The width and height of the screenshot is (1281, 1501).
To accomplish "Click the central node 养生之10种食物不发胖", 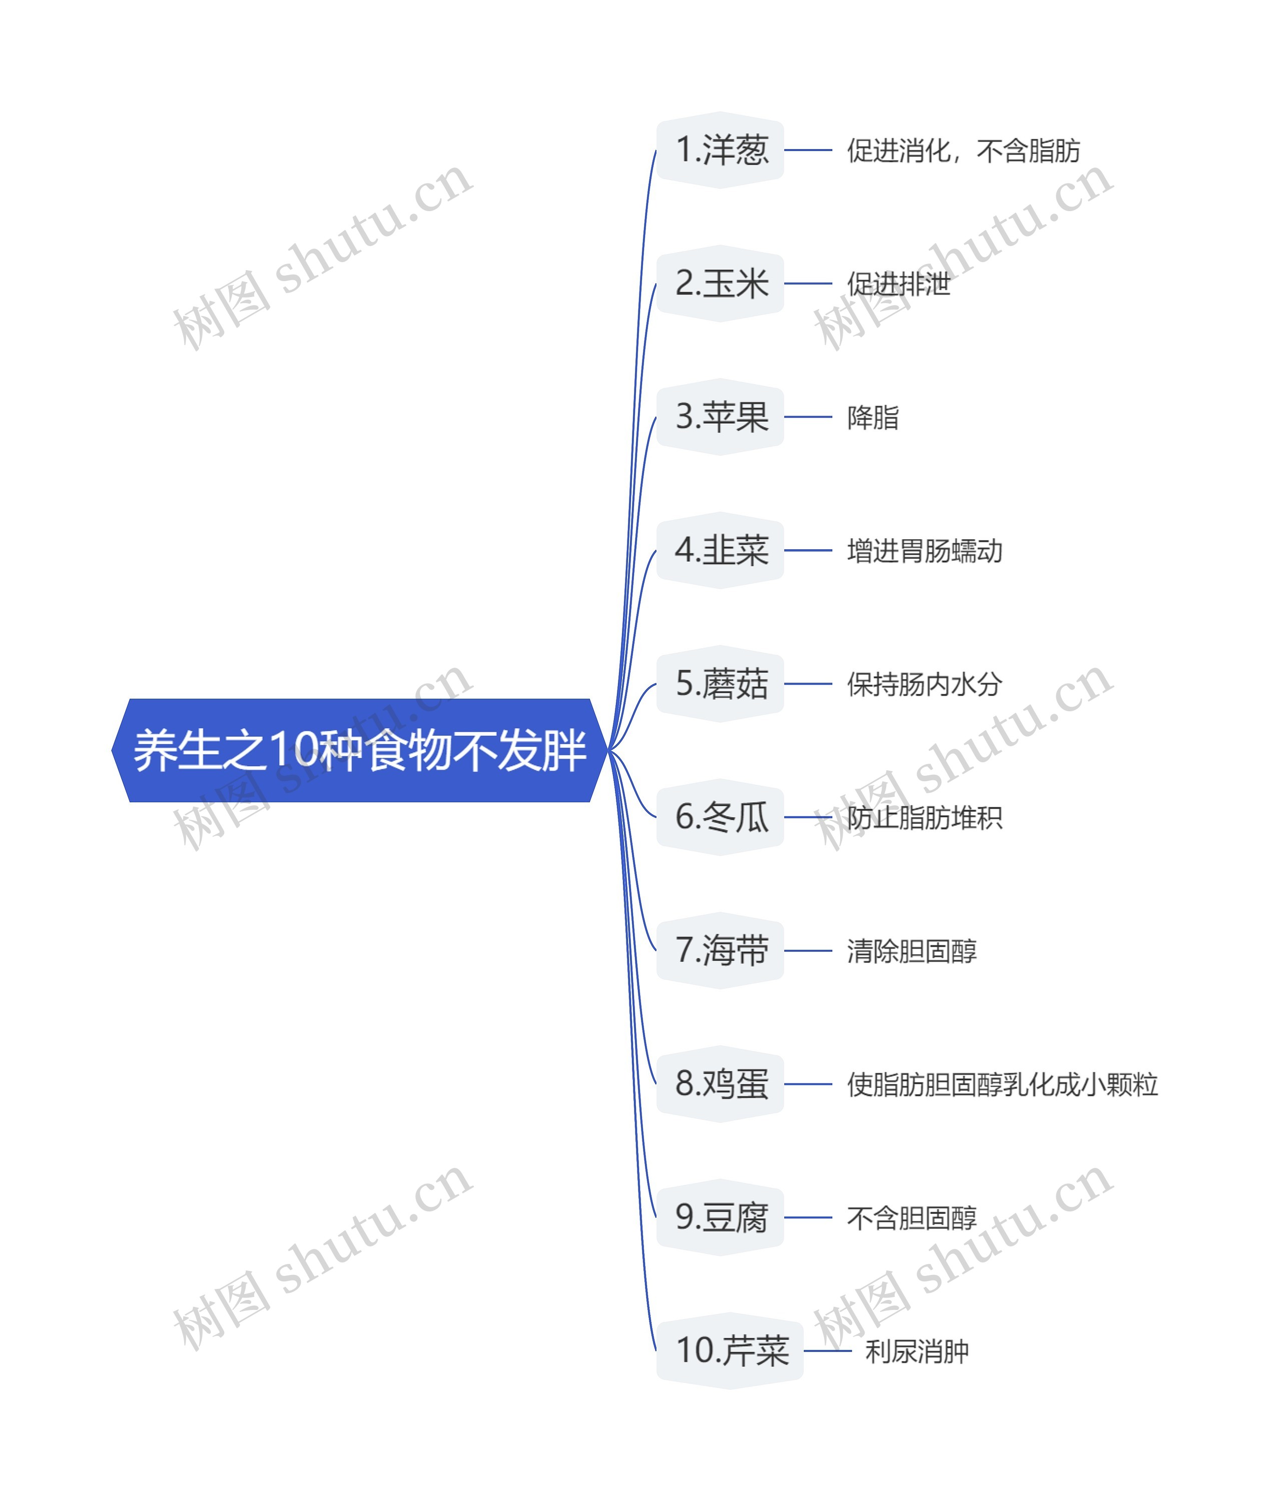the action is [x=359, y=750].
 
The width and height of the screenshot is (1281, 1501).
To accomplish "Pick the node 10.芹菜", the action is [x=731, y=1350].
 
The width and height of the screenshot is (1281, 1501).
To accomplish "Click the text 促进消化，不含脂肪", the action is [x=963, y=151].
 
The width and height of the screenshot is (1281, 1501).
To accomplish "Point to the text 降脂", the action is [x=872, y=417].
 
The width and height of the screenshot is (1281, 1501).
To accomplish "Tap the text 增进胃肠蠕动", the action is [x=925, y=551].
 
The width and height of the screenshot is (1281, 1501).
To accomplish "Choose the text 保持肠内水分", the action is [x=925, y=684].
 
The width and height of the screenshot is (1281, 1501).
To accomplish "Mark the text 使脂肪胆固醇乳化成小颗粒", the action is [x=1002, y=1084].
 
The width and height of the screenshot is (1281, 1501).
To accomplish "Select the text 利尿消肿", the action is [x=917, y=1351].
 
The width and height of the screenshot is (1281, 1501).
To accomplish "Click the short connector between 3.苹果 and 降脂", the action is [x=808, y=417].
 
